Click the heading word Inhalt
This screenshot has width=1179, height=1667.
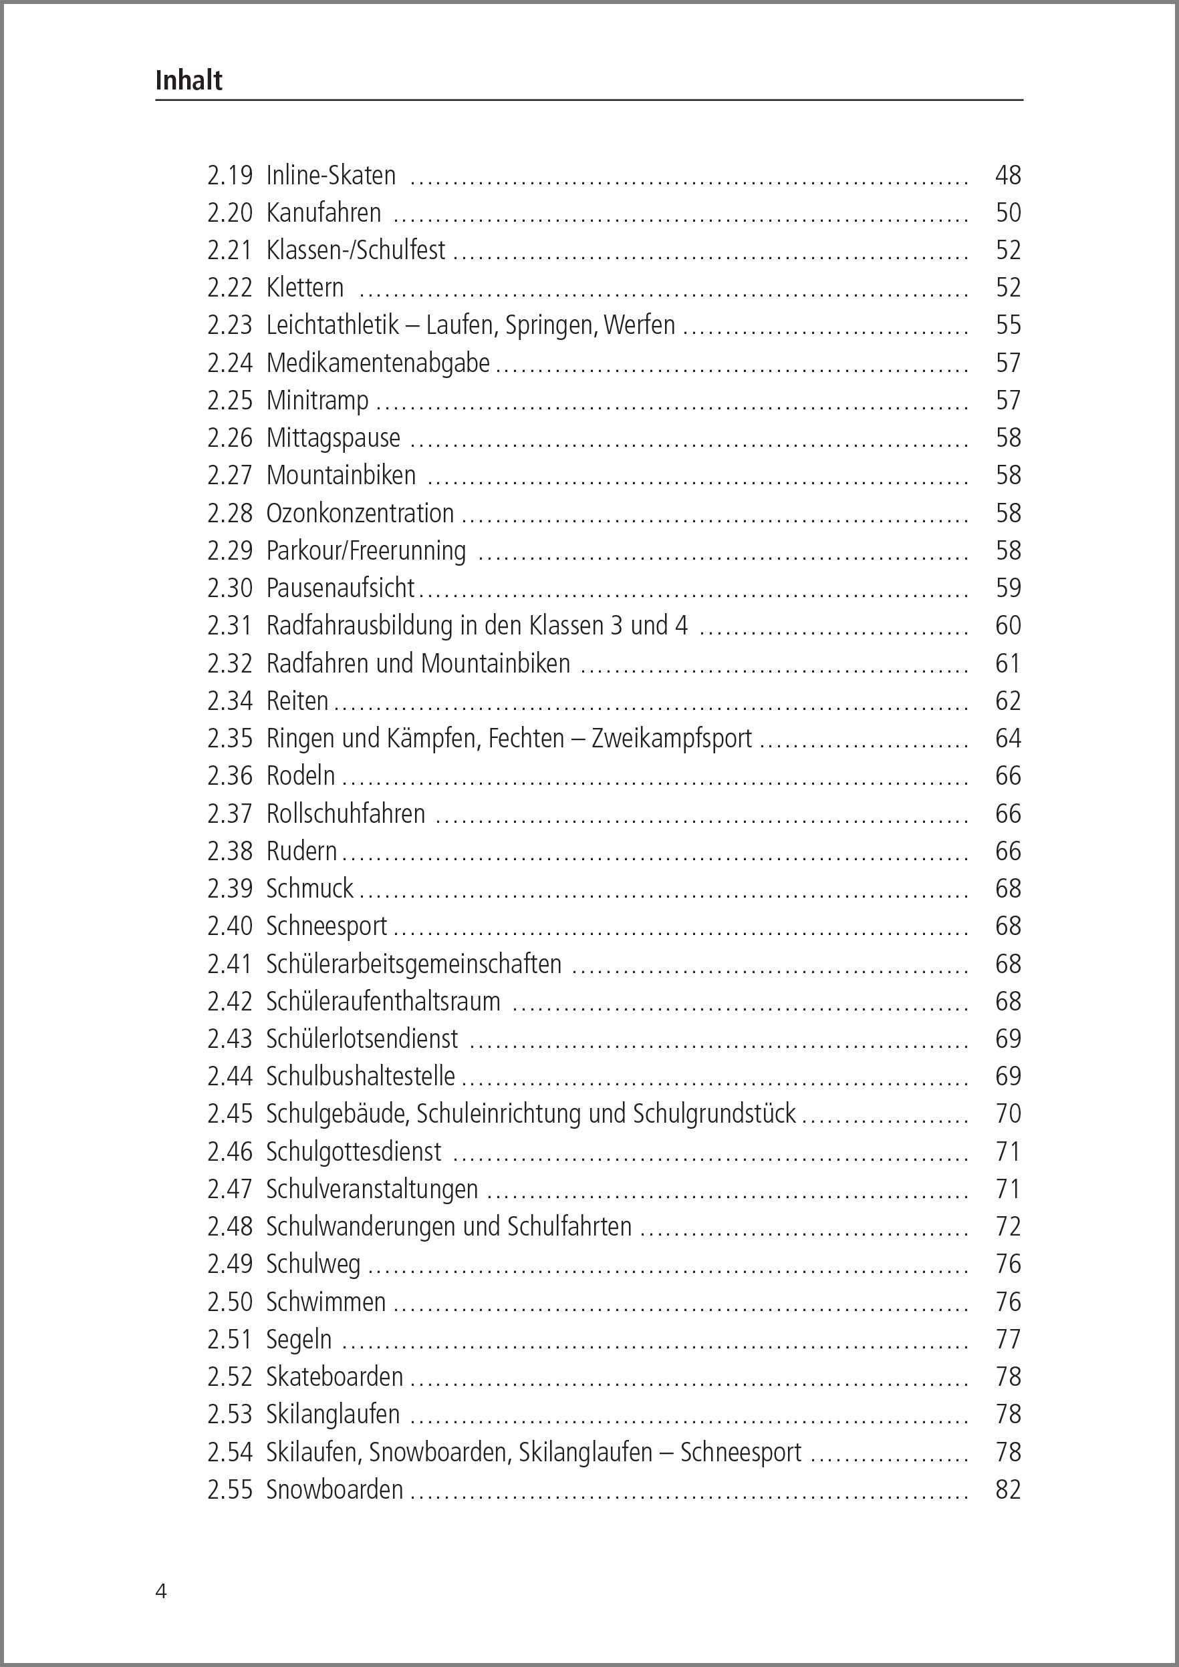[189, 80]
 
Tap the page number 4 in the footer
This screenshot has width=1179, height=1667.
[161, 1591]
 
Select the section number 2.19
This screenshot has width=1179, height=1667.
[229, 175]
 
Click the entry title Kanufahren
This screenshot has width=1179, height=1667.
[323, 213]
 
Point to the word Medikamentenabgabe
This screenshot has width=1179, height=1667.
[378, 363]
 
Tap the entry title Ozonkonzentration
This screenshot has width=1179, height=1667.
[360, 514]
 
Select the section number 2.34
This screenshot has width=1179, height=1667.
[229, 701]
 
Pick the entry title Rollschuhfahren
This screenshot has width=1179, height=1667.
[345, 813]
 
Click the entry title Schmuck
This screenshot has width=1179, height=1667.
[309, 888]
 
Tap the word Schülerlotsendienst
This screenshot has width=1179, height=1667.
[362, 1039]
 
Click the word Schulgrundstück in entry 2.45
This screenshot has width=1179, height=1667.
[714, 1114]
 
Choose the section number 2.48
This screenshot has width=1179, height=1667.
[229, 1226]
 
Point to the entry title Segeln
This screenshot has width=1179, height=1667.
[299, 1340]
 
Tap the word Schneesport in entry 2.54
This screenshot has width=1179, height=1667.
[741, 1452]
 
